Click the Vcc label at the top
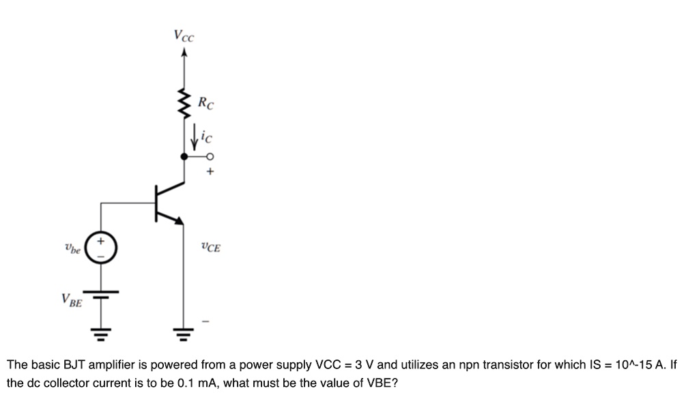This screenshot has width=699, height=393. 183,35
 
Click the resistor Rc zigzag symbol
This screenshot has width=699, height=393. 183,102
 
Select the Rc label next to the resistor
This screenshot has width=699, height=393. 205,104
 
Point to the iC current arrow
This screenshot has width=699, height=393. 195,136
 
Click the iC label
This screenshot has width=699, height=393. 208,137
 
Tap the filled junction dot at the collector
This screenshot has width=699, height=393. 183,156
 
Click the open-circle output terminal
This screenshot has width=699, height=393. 210,156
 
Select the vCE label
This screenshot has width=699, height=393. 210,247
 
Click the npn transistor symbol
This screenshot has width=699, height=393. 164,202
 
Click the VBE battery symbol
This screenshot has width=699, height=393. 102,294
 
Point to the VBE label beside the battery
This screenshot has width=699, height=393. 71,300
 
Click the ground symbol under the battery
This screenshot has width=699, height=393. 102,335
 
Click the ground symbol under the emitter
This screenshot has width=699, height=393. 183,335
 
